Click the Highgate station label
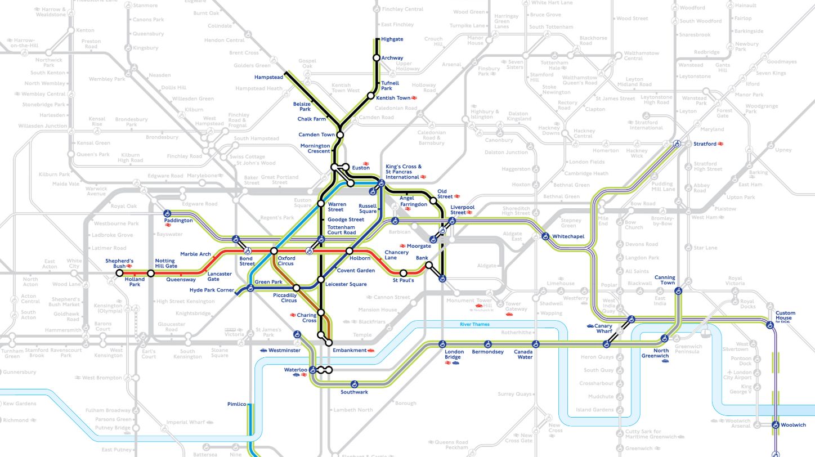392,39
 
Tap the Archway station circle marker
376,58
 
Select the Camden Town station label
316,135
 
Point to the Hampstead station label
268,77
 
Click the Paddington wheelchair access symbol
167,214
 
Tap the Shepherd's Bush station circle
119,273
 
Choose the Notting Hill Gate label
166,263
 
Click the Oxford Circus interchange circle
274,250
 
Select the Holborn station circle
350,250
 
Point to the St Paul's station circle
403,273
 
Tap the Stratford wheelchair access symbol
678,144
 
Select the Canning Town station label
664,280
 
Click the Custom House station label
786,316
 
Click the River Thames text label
474,324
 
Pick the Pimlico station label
237,404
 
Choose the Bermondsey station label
487,352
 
